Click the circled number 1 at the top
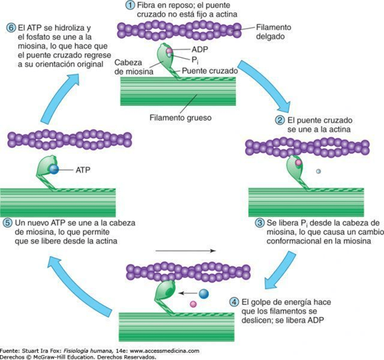coord(130,6)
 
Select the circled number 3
coord(259,223)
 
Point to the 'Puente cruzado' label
coord(215,71)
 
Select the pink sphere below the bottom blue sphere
coord(193,304)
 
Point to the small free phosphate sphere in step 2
coord(319,171)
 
